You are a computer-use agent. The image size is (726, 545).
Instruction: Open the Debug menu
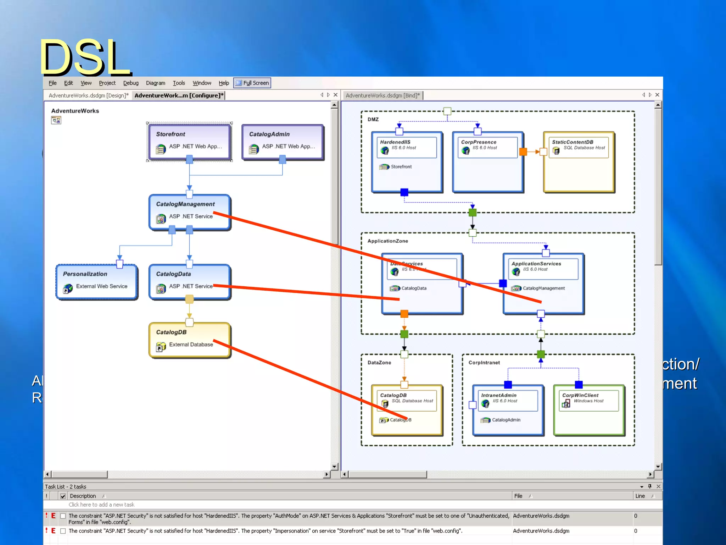click(130, 83)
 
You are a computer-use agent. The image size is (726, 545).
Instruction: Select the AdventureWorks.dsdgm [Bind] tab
click(382, 95)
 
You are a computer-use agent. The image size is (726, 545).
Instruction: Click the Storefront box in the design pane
click(189, 141)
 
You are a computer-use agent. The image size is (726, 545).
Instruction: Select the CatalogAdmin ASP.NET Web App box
click(282, 141)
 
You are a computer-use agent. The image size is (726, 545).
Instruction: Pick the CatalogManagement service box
click(189, 211)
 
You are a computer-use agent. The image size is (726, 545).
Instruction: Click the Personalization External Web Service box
click(96, 281)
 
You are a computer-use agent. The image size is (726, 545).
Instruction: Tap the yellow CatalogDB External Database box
click(189, 340)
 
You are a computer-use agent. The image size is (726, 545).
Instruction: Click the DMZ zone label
click(373, 120)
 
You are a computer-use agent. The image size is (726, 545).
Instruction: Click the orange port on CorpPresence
click(523, 152)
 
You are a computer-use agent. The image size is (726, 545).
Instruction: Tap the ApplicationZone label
click(387, 241)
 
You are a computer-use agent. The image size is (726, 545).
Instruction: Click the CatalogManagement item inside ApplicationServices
click(543, 288)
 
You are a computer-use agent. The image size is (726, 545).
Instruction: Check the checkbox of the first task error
click(63, 516)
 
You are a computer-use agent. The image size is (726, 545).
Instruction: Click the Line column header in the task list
click(640, 496)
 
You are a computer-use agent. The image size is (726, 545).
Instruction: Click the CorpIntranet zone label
click(484, 363)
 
